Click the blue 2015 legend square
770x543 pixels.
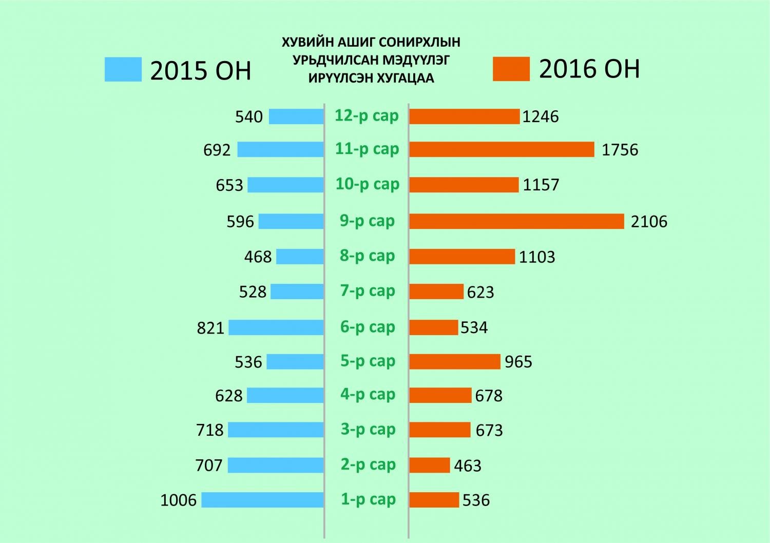(x=123, y=69)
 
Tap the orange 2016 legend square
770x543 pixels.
(x=511, y=69)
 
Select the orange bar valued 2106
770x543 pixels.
(x=516, y=221)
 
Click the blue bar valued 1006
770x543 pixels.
(x=262, y=500)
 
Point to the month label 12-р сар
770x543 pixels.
(x=367, y=115)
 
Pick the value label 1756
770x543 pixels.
(x=620, y=150)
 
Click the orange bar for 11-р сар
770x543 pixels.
(x=502, y=149)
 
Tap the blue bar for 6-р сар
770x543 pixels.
(x=276, y=327)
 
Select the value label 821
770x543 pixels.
(x=210, y=328)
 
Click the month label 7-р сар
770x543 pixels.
(x=368, y=291)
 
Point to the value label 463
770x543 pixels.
(x=468, y=466)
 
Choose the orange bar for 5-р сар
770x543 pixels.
(x=454, y=361)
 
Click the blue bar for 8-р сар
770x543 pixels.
(x=300, y=257)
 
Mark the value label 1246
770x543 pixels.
(x=541, y=117)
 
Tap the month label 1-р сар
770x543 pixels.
(x=368, y=499)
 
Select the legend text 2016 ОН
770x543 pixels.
(x=589, y=69)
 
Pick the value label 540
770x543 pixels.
(x=249, y=117)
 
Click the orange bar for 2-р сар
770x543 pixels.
(x=429, y=466)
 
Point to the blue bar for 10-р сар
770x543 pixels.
(x=285, y=185)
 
